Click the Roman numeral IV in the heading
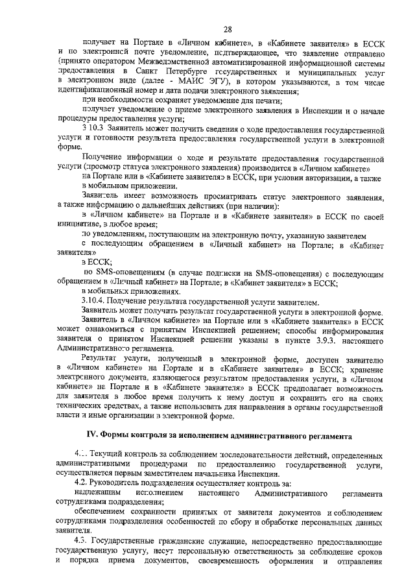click(x=92, y=433)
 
